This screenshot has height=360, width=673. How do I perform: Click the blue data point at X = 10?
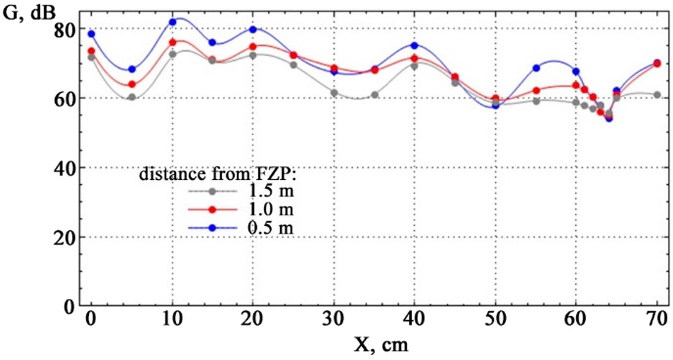pyautogui.click(x=173, y=22)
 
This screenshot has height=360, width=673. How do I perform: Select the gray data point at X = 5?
pyautogui.click(x=132, y=97)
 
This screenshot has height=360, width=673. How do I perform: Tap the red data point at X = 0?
pyautogui.click(x=91, y=51)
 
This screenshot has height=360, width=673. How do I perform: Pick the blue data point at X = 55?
pyautogui.click(x=536, y=68)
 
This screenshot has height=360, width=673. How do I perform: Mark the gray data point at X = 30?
pyautogui.click(x=334, y=93)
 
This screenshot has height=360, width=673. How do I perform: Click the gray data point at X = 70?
pyautogui.click(x=657, y=95)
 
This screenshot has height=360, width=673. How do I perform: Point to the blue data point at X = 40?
pyautogui.click(x=414, y=46)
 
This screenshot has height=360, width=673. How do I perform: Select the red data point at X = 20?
pyautogui.click(x=253, y=47)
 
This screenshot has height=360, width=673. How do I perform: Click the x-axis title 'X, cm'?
pyautogui.click(x=381, y=344)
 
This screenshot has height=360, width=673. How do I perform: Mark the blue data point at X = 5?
pyautogui.click(x=132, y=69)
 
